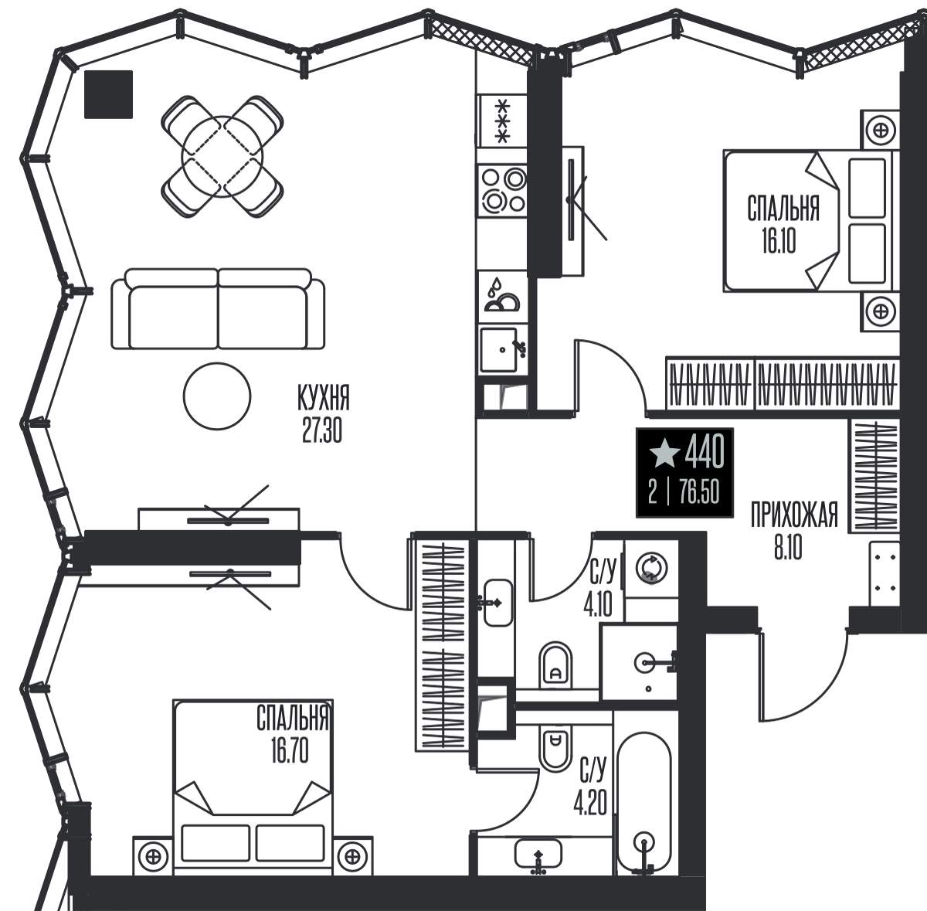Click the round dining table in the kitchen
[222, 157]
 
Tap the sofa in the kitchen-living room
[218, 308]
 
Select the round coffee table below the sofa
[217, 396]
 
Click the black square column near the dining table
[108, 94]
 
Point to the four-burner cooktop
[502, 190]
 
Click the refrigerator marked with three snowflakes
[502, 121]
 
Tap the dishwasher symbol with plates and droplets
[502, 295]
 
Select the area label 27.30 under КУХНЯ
[322, 430]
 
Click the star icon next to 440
[664, 452]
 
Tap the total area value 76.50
[699, 493]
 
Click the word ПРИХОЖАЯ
[794, 515]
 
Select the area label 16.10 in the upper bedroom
[779, 240]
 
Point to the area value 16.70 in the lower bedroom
[290, 751]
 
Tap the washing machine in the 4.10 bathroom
[651, 569]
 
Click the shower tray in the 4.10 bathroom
[640, 661]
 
